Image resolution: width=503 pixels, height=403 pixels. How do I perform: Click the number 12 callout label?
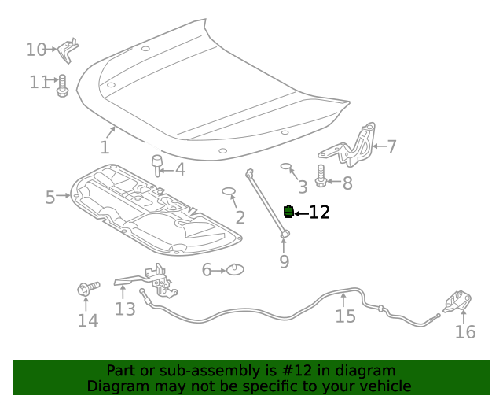click(x=319, y=213)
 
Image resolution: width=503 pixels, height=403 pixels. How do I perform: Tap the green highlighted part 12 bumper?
click(x=288, y=211)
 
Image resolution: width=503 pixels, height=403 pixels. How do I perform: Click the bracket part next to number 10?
click(x=70, y=50)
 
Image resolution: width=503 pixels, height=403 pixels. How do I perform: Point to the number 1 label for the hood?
click(x=105, y=148)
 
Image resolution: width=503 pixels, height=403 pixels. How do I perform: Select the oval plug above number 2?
click(x=229, y=191)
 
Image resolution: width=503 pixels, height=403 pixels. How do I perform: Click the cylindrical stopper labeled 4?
click(x=156, y=166)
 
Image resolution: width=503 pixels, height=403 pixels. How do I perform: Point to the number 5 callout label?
click(x=50, y=197)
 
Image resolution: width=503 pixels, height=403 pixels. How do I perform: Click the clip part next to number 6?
click(x=235, y=270)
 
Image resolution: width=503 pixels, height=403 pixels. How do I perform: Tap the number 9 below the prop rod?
click(x=285, y=261)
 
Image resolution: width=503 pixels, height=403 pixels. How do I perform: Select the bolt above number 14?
click(x=86, y=290)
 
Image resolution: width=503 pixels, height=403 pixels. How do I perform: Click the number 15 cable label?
click(x=345, y=316)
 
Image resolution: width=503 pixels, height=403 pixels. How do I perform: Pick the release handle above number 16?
click(x=457, y=302)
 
